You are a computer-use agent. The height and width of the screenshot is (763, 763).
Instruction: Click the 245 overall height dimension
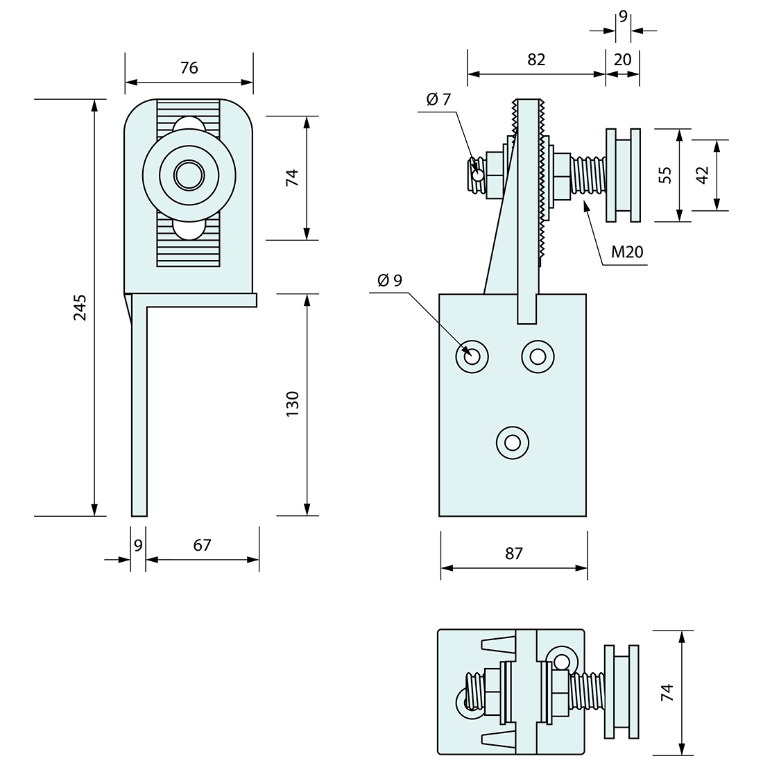pyautogui.click(x=80, y=307)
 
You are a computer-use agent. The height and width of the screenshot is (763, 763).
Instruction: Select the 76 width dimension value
pyautogui.click(x=189, y=67)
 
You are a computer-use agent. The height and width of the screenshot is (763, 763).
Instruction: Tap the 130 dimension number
pyautogui.click(x=292, y=404)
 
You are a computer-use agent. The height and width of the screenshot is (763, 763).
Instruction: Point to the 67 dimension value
pyautogui.click(x=202, y=545)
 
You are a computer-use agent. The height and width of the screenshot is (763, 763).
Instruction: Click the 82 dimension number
pyautogui.click(x=536, y=59)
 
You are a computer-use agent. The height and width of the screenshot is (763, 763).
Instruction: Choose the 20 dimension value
pyautogui.click(x=623, y=59)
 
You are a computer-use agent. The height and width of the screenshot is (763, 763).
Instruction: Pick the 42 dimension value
pyautogui.click(x=702, y=175)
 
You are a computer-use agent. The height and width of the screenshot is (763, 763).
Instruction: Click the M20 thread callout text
pyautogui.click(x=628, y=252)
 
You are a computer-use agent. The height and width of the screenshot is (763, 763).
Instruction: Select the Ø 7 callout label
pyautogui.click(x=439, y=99)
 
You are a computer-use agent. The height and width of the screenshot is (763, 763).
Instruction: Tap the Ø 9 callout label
pyautogui.click(x=390, y=280)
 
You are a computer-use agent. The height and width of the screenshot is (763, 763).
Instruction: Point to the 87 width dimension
pyautogui.click(x=514, y=553)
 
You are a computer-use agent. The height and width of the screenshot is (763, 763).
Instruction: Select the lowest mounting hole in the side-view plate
pyautogui.click(x=513, y=441)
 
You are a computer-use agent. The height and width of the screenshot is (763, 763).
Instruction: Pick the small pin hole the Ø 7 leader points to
pyautogui.click(x=478, y=175)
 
